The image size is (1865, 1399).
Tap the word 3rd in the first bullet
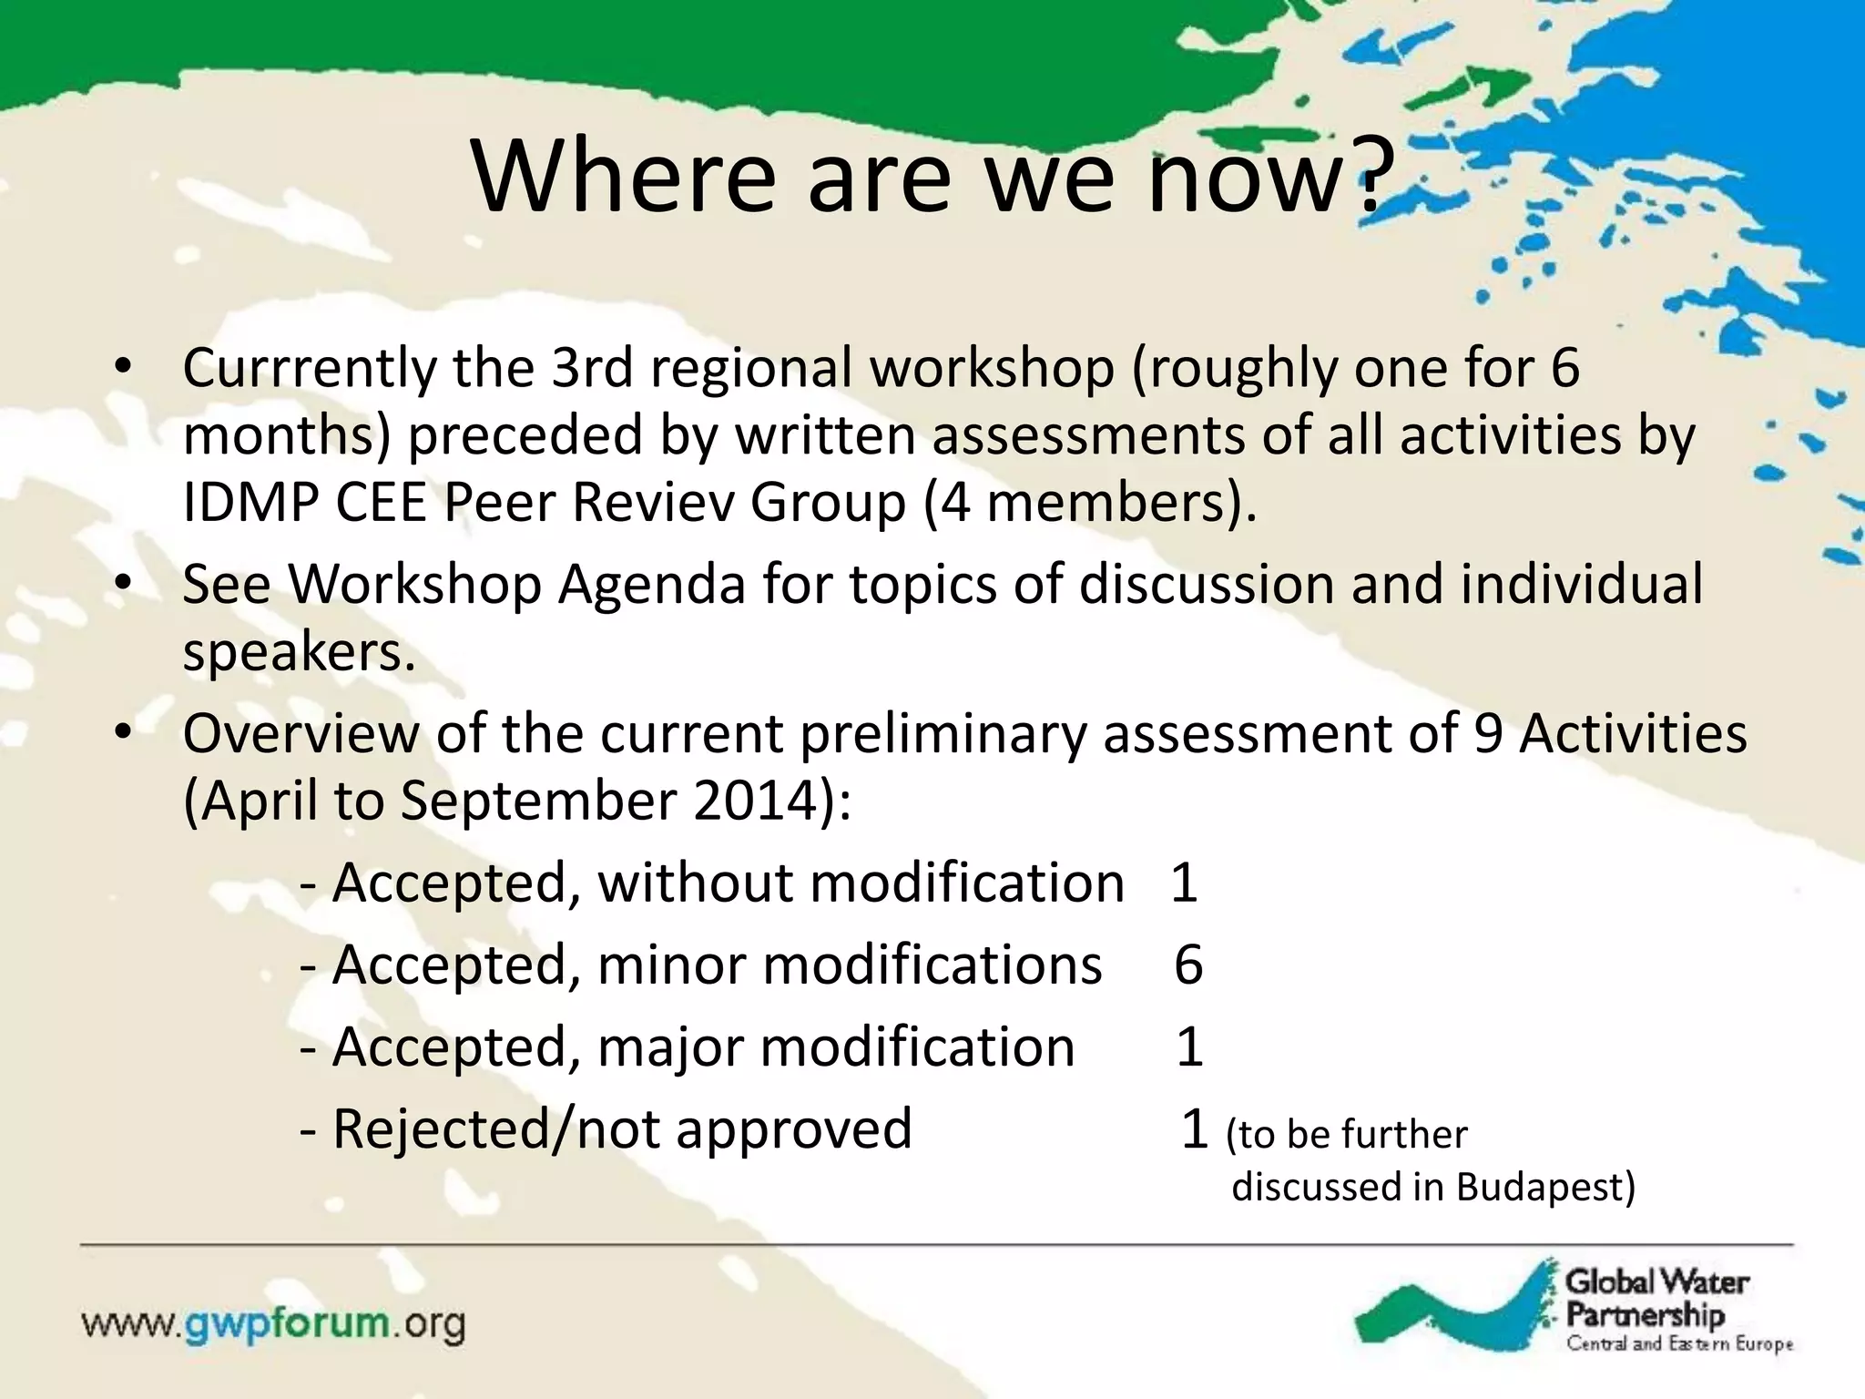click(x=591, y=368)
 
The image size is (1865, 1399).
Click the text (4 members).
click(x=1089, y=503)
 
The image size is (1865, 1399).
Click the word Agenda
click(x=652, y=585)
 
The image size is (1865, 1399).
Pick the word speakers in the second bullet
click(x=299, y=652)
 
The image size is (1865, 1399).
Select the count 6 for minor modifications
click(x=1188, y=965)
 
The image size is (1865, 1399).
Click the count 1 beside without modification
click(x=1183, y=883)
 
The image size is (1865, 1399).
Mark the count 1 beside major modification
click(x=1189, y=1047)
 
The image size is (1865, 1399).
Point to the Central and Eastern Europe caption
click(x=1679, y=1344)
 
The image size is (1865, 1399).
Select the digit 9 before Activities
click(x=1487, y=734)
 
